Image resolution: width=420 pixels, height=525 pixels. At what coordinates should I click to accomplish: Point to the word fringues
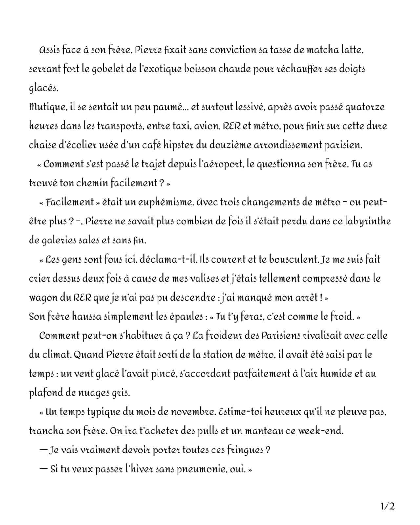(245, 450)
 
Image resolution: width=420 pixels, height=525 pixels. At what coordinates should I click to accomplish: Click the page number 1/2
(388, 506)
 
